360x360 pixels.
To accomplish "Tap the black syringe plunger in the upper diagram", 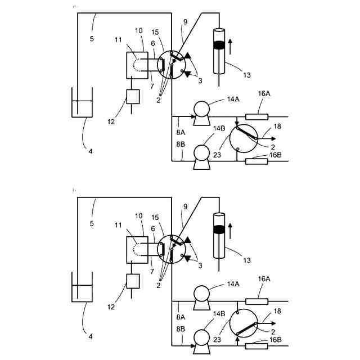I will pyautogui.click(x=219, y=43).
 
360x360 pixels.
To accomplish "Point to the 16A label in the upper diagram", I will pyautogui.click(x=264, y=94).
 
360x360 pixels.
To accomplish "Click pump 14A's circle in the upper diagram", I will pyautogui.click(x=200, y=107).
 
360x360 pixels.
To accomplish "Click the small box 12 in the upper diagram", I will pyautogui.click(x=133, y=96).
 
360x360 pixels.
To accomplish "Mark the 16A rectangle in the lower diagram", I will pyautogui.click(x=256, y=302).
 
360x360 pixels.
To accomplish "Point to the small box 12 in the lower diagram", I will pyautogui.click(x=133, y=281).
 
